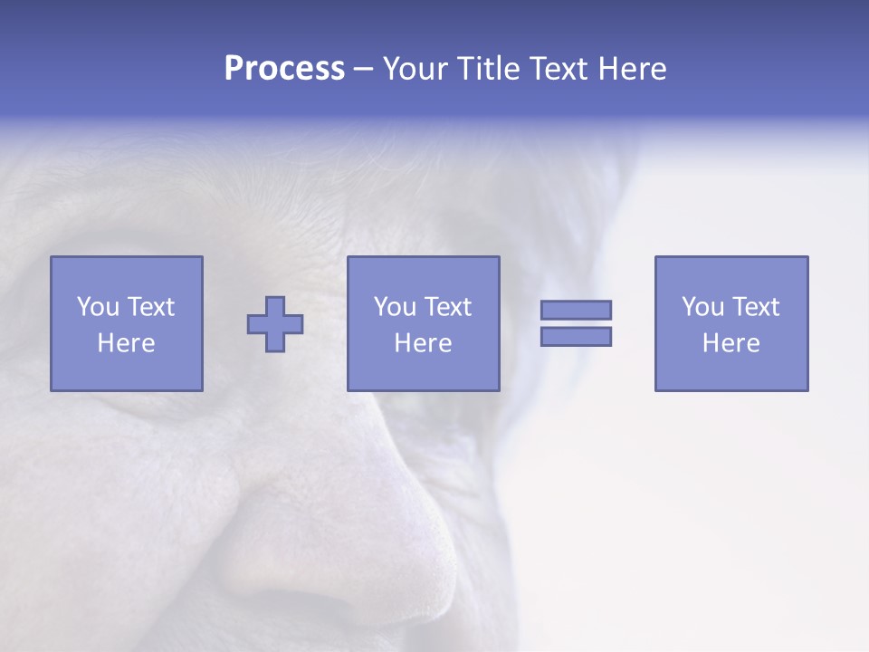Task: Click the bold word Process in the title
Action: coord(284,69)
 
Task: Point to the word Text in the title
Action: coord(560,69)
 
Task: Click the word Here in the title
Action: coord(633,69)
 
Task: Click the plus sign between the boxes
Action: coord(275,324)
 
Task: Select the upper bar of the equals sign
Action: coord(576,311)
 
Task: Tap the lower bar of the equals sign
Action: coord(576,337)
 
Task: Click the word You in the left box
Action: coord(98,307)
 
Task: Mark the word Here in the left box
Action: coord(126,343)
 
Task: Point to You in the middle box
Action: coord(395,307)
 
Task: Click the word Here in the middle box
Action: coord(423,343)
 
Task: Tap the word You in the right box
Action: coord(702,307)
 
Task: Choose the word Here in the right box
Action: coord(731,343)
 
